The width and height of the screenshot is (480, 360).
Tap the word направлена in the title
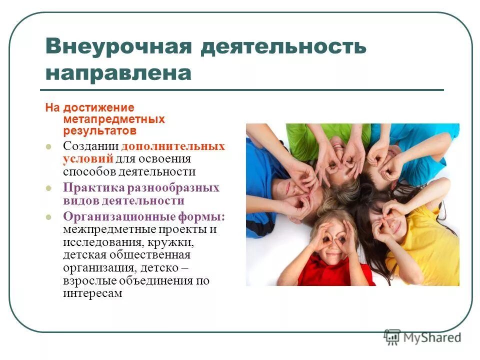click(x=118, y=73)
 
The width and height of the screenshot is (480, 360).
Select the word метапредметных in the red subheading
click(x=113, y=119)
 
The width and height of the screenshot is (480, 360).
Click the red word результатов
click(x=99, y=131)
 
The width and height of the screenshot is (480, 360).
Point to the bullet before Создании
click(x=48, y=147)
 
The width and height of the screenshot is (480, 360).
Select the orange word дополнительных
click(x=173, y=146)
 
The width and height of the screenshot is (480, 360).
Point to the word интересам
click(x=92, y=293)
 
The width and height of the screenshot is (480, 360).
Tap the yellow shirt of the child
click(x=430, y=250)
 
